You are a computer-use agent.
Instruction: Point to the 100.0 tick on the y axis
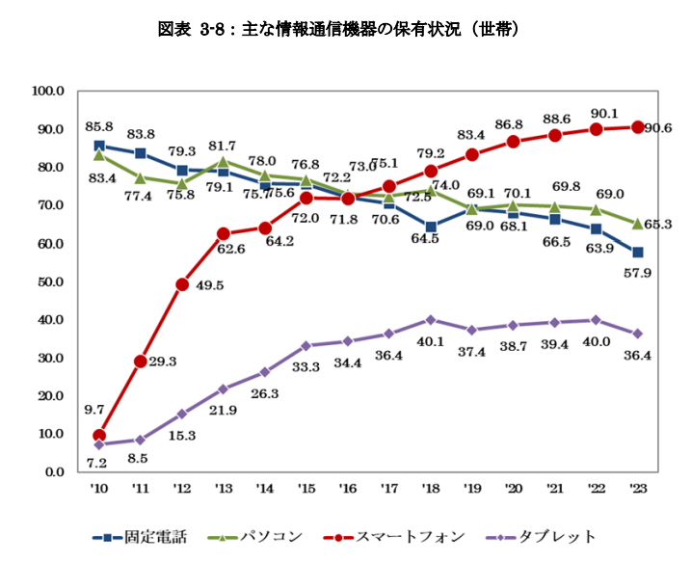coord(47,92)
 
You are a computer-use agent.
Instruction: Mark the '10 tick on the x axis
coord(99,490)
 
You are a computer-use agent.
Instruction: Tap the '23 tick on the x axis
coord(637,490)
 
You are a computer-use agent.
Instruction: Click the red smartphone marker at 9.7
coord(99,436)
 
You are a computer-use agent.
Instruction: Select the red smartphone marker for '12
coord(182,284)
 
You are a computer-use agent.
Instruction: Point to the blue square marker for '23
coord(637,253)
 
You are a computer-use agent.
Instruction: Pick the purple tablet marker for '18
coord(431,320)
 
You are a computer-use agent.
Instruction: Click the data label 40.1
coord(431,340)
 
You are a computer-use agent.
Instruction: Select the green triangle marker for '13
coord(224,161)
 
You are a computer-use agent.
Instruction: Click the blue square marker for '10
coord(99,147)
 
